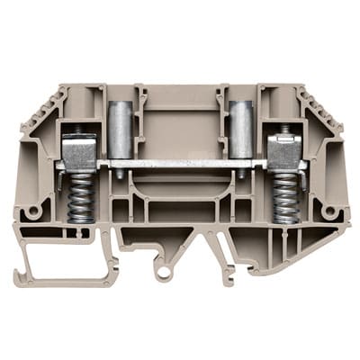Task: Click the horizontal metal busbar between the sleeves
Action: coord(180,164)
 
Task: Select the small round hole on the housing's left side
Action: coord(33,211)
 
